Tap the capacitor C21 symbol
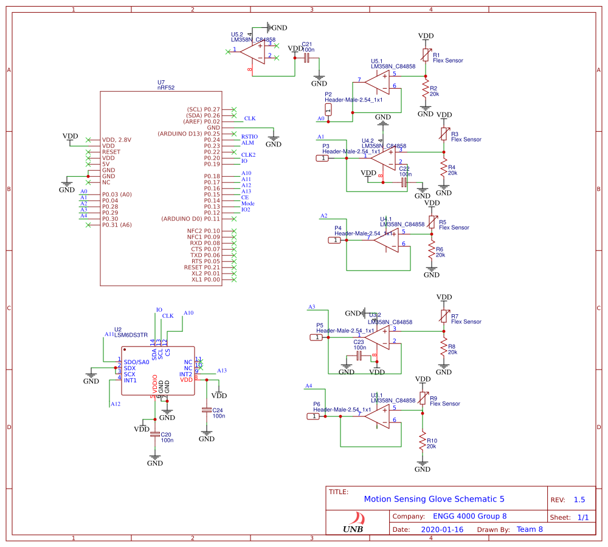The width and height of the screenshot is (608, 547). (x=306, y=58)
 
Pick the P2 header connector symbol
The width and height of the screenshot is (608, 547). (x=329, y=109)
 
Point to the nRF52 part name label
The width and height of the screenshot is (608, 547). (x=165, y=88)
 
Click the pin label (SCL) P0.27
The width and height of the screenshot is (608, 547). (x=204, y=109)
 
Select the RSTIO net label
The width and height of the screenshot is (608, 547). (x=249, y=137)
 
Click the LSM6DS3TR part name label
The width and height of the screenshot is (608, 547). (x=131, y=335)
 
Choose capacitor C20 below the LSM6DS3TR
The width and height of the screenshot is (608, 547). (x=155, y=435)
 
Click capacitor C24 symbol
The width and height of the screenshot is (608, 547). (x=207, y=410)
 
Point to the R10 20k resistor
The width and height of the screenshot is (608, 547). (x=422, y=441)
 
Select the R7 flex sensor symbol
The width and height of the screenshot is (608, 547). (x=444, y=316)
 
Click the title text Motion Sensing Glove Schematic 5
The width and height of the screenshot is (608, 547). (x=434, y=499)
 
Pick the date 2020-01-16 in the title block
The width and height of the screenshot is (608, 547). (x=441, y=529)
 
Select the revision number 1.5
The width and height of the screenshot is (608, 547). (x=579, y=500)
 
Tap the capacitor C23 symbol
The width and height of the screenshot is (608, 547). (x=359, y=355)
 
